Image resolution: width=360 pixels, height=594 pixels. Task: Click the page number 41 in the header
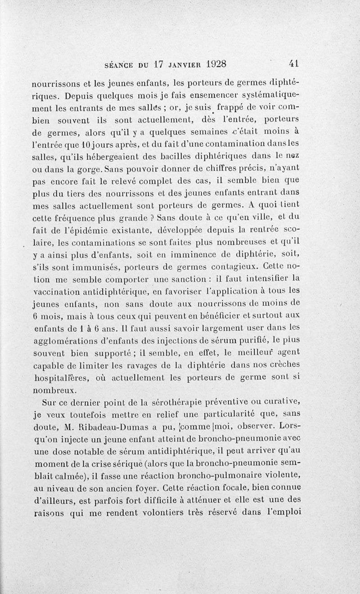295,63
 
